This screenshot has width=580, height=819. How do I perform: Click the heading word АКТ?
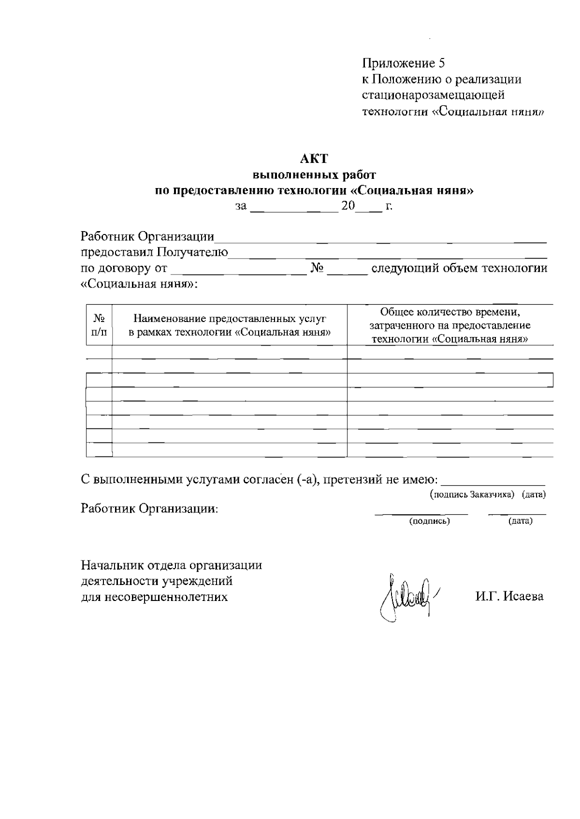pos(314,159)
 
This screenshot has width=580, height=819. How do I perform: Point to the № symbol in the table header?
pos(99,319)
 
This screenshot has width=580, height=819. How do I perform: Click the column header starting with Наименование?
pos(230,325)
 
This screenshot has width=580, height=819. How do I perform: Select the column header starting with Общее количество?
pos(450,325)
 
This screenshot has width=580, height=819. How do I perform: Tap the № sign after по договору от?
pos(317,268)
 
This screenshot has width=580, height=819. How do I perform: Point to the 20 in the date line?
pos(348,206)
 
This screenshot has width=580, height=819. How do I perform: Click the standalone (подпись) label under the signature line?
pos(430,521)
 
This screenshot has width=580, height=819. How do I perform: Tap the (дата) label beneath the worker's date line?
pos(520,521)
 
